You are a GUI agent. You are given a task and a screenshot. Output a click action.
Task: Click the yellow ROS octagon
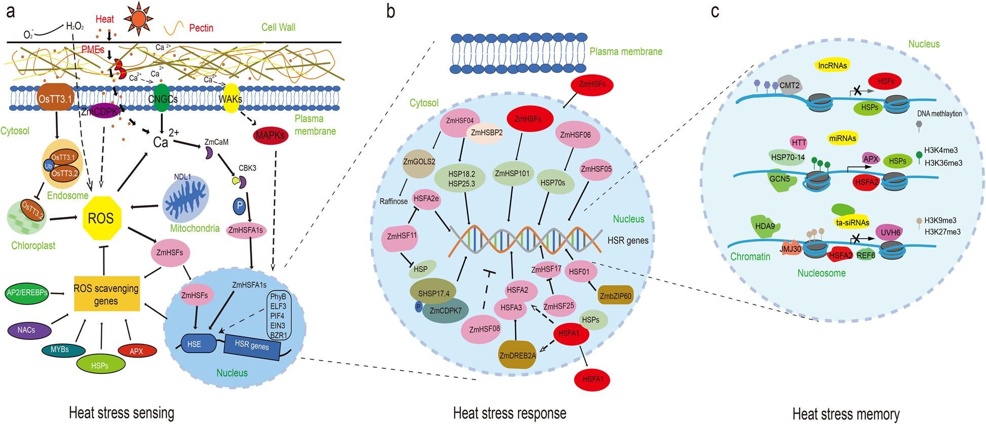point(101,218)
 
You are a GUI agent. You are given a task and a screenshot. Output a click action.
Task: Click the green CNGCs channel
point(161,99)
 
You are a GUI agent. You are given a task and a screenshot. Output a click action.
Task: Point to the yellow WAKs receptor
point(231,98)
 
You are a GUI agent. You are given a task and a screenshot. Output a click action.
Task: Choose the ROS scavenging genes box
point(106,294)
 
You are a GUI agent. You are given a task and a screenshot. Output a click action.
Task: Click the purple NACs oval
point(29,330)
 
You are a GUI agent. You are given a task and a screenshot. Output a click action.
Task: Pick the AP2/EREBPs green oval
point(27,293)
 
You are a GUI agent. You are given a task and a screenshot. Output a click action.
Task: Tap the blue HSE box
point(194,344)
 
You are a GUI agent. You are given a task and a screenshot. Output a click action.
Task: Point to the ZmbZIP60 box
point(616,295)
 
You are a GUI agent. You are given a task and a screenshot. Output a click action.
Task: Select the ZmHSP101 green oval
point(512,173)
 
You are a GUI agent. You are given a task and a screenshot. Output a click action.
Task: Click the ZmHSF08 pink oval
point(484,329)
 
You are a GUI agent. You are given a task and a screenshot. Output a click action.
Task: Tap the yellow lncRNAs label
point(832,65)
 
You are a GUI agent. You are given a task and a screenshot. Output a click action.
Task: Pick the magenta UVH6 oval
point(890,233)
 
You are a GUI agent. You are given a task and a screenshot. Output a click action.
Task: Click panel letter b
point(390,11)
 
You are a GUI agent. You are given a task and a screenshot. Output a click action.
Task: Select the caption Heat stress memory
point(846,413)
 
